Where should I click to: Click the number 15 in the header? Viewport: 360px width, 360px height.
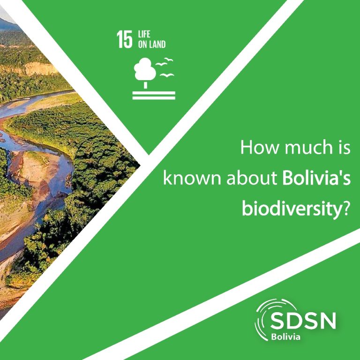pyautogui.click(x=125, y=39)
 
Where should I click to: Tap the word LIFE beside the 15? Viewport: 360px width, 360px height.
pyautogui.click(x=144, y=34)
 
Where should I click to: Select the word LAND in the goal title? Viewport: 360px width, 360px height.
pyautogui.click(x=157, y=45)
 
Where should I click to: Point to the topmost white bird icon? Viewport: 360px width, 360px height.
pyautogui.click(x=169, y=60)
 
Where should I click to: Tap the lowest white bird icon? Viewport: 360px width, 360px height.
pyautogui.click(x=167, y=75)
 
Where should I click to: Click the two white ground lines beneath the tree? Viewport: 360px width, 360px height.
pyautogui.click(x=154, y=96)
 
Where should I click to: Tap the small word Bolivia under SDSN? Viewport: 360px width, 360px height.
pyautogui.click(x=285, y=337)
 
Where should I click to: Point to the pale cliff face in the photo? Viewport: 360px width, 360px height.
pyautogui.click(x=40, y=68)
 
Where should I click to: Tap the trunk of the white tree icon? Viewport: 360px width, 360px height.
pyautogui.click(x=145, y=85)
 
